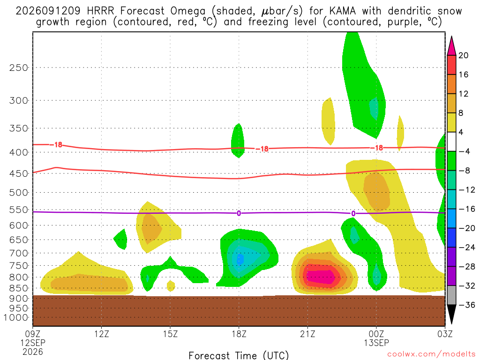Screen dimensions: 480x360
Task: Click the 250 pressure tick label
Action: pos(19,67)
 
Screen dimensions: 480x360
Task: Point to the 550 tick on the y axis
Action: pos(19,210)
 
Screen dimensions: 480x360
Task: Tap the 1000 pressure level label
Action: pos(16,318)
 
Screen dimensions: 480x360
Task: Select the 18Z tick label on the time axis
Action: pos(239,334)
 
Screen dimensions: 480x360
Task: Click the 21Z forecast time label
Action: pos(307,334)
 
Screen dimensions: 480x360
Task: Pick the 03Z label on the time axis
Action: pos(445,334)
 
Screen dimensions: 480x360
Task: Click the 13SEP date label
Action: pos(376,343)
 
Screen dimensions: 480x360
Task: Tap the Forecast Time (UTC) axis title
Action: pos(239,355)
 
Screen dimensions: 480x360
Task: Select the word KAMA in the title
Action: pos(343,11)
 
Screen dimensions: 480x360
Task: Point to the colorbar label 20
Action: pos(464,55)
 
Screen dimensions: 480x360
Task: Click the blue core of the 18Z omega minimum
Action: pos(240,259)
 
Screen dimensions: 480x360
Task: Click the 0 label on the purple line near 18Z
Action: pos(239,213)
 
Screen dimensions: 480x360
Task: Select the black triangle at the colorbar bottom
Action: pos(451,315)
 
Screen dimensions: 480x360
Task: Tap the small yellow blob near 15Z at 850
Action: pos(171,286)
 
